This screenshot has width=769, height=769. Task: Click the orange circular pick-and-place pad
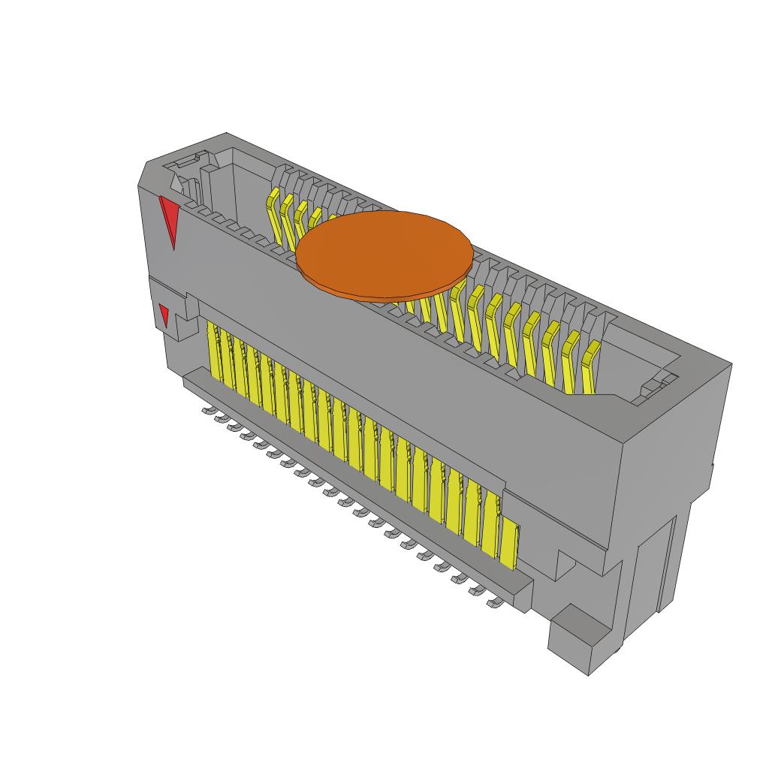[384, 254]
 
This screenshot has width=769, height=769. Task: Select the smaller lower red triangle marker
[164, 314]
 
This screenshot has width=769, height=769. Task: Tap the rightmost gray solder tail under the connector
[494, 602]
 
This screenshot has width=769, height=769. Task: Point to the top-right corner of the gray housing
[729, 365]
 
